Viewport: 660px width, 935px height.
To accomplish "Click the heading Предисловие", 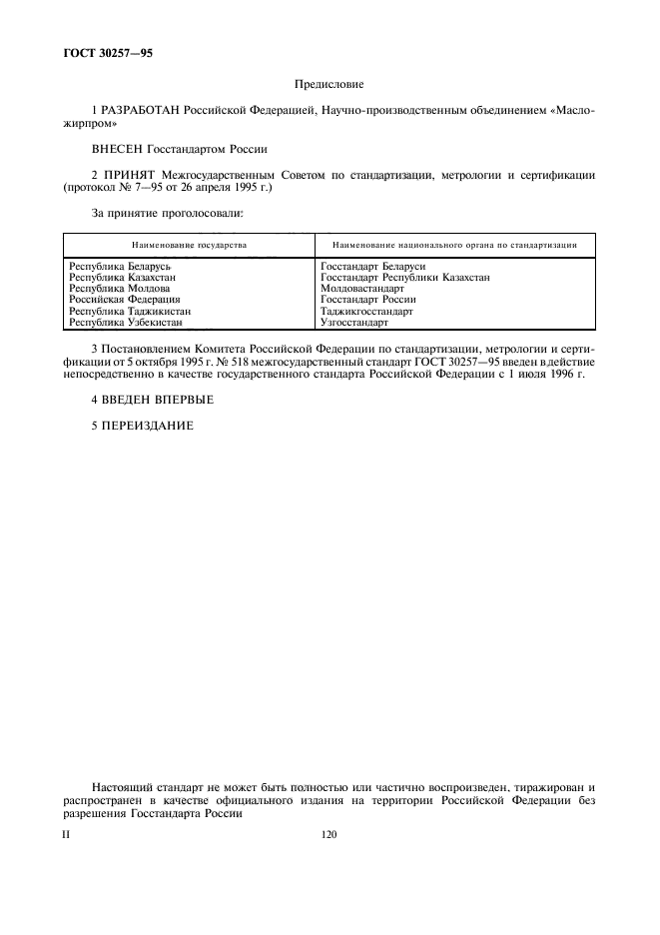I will click(x=330, y=86).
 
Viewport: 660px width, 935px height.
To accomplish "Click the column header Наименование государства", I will click(x=189, y=244).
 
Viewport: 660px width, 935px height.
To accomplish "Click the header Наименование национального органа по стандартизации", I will click(x=456, y=244).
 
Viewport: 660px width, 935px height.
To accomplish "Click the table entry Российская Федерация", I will click(x=124, y=300).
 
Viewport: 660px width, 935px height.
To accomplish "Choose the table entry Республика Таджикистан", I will click(x=129, y=311).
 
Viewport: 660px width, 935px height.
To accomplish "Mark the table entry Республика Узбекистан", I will click(x=125, y=322).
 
